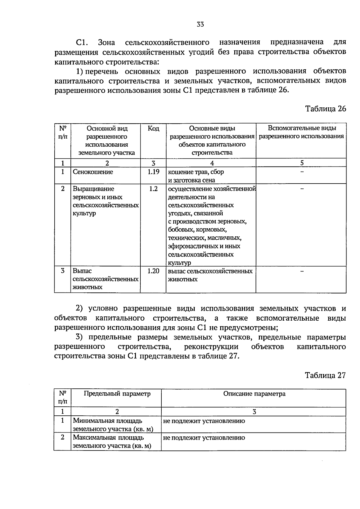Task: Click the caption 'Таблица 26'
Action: point(325,109)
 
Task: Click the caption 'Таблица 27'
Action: point(325,375)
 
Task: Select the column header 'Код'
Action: point(153,129)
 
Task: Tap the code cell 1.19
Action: point(153,172)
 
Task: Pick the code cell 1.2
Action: point(153,189)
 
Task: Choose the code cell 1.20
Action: point(153,271)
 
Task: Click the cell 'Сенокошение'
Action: point(93,172)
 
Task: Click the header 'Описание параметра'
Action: point(254,394)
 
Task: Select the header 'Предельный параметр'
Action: point(117,394)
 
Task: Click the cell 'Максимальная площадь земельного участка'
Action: point(112,442)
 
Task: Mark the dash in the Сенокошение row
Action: point(302,172)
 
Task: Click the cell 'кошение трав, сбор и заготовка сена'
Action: point(196,176)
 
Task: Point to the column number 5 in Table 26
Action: point(302,163)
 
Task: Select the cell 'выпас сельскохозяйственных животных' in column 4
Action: point(210,275)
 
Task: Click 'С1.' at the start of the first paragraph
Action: point(81,42)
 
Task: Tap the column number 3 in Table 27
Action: point(254,412)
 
